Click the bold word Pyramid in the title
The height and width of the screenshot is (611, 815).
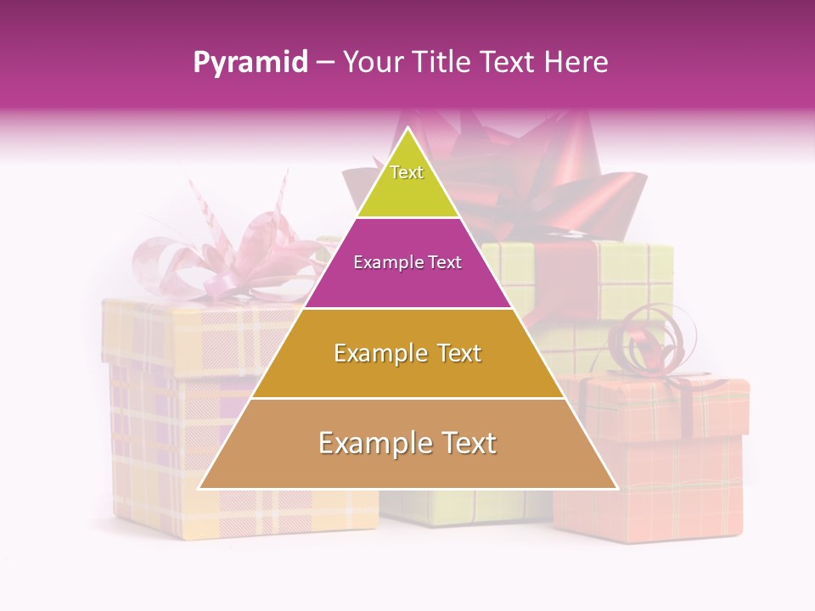[x=250, y=63]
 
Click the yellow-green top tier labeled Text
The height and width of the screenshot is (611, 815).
[x=407, y=182]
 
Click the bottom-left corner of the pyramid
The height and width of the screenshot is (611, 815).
[x=200, y=487]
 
